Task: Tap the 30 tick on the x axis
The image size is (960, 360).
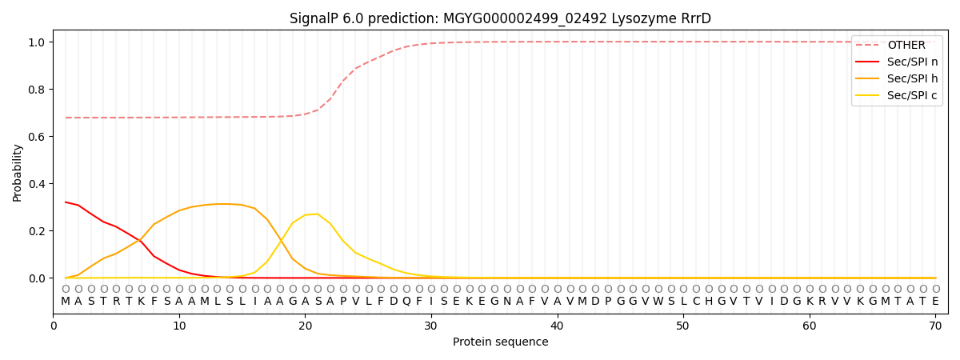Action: pyautogui.click(x=431, y=326)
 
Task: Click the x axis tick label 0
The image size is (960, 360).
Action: pyautogui.click(x=53, y=326)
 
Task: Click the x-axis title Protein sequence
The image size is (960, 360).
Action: pyautogui.click(x=500, y=342)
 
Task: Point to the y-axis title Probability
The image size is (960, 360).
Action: pyautogui.click(x=18, y=172)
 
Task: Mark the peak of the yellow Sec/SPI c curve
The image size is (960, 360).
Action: pyautogui.click(x=318, y=214)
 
